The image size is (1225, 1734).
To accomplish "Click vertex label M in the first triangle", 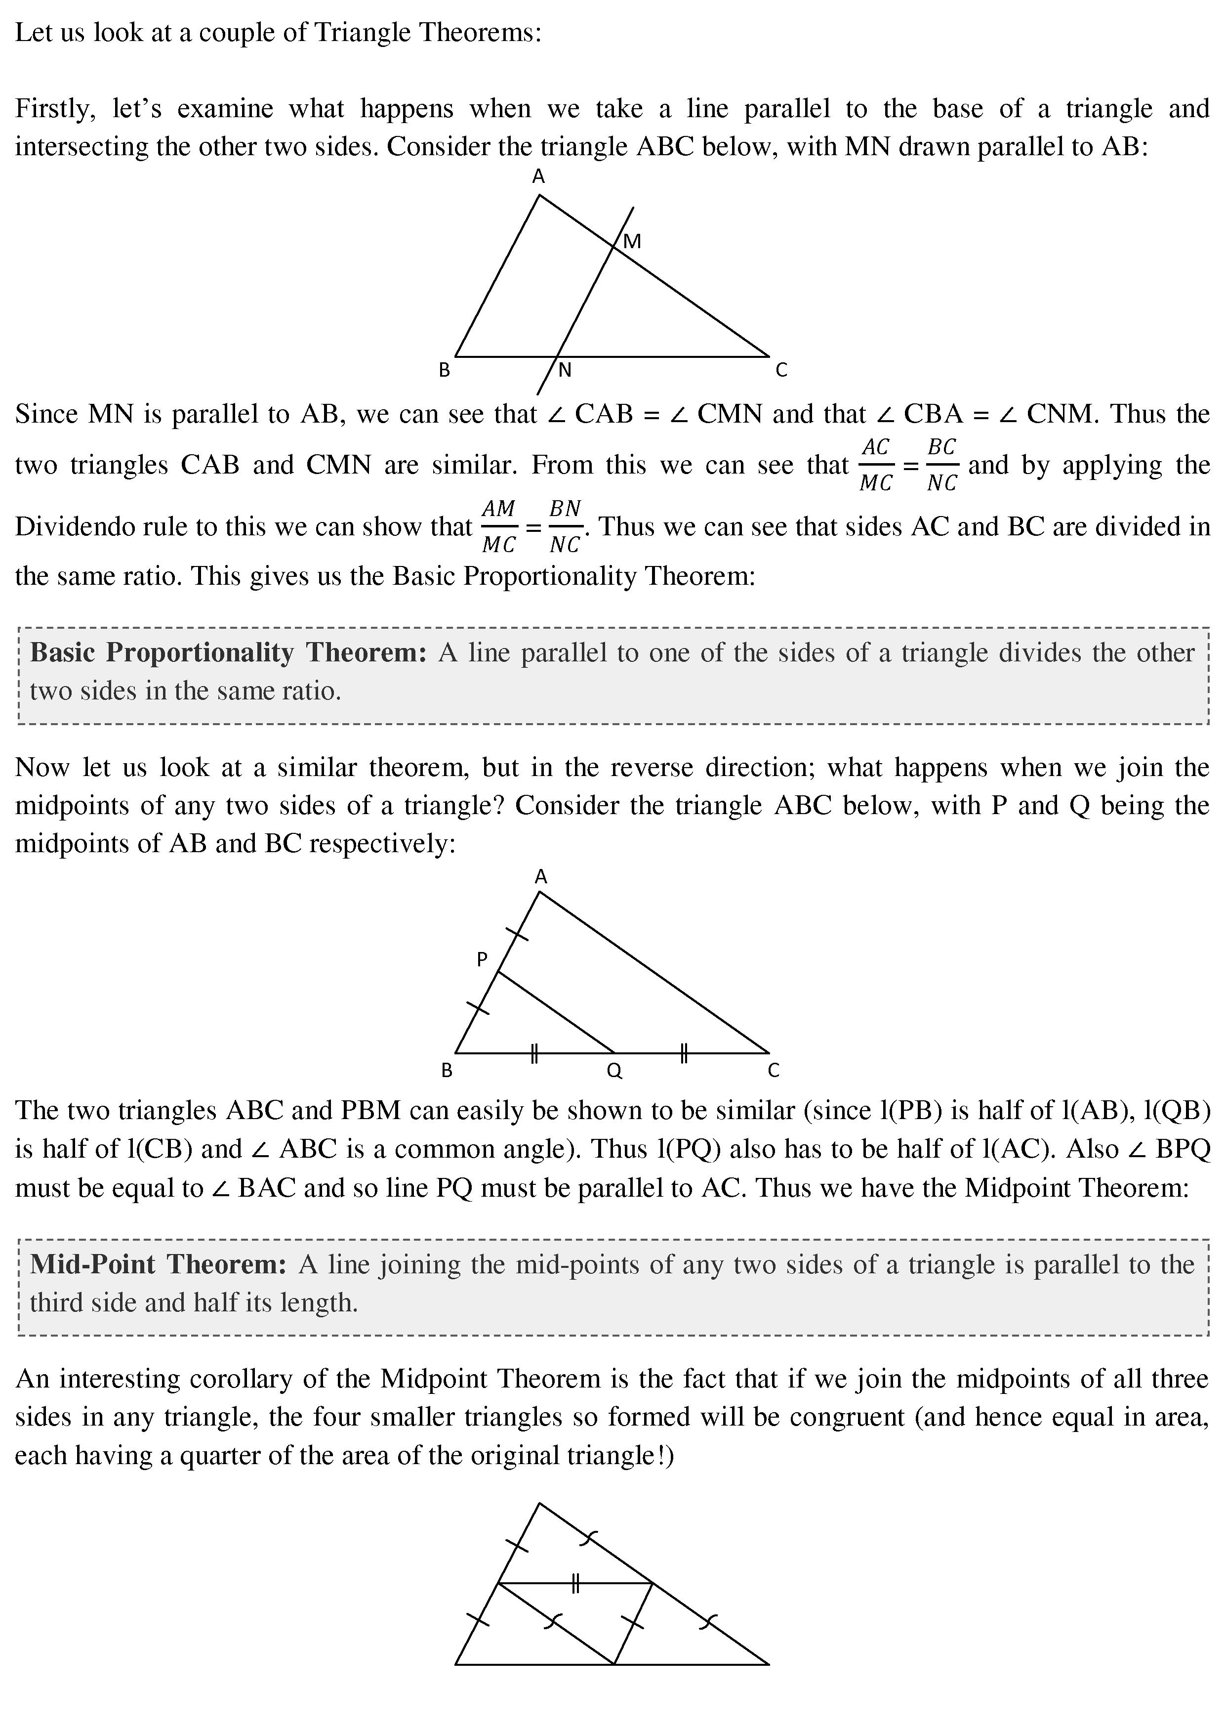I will (632, 242).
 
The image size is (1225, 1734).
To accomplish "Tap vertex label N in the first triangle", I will (565, 370).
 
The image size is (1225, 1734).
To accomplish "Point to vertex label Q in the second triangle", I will (614, 1071).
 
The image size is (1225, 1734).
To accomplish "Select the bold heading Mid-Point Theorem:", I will (158, 1264).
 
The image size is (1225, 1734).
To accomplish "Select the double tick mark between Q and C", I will (683, 1053).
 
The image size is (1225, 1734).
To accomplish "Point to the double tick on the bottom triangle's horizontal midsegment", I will (575, 1583).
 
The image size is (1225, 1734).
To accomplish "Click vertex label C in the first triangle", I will (781, 370).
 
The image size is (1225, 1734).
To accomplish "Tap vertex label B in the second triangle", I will (447, 1071).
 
